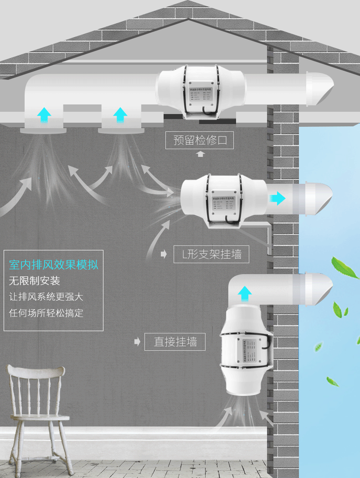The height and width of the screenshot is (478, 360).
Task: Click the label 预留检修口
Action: click(200, 140)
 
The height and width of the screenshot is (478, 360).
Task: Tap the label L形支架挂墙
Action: click(212, 254)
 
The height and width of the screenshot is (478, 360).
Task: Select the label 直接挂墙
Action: click(175, 342)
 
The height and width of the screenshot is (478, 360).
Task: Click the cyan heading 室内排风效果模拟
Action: click(53, 265)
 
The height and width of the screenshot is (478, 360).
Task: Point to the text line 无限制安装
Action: click(35, 281)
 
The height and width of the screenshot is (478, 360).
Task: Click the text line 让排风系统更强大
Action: click(46, 296)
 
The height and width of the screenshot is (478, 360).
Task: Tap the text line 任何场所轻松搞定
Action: click(46, 313)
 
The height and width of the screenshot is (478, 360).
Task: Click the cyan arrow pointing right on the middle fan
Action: click(277, 198)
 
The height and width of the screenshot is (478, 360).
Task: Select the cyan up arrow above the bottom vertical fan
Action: click(245, 293)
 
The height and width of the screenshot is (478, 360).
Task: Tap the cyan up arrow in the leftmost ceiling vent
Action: click(44, 114)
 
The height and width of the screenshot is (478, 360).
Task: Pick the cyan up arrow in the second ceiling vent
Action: click(120, 114)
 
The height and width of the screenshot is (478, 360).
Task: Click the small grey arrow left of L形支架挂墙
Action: click(164, 255)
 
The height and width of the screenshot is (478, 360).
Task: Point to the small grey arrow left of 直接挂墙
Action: click(137, 342)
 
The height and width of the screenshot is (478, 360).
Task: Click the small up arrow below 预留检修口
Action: click(200, 154)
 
